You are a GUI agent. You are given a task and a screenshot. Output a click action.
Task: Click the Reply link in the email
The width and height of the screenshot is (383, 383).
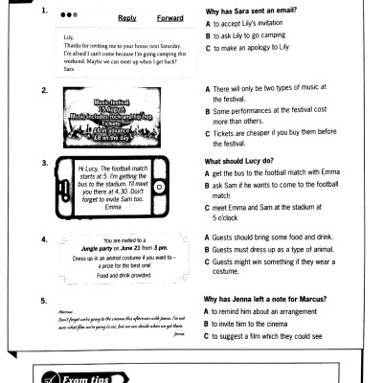pyautogui.click(x=126, y=18)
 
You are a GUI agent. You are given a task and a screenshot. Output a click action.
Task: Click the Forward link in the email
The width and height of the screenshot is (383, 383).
pyautogui.click(x=169, y=18)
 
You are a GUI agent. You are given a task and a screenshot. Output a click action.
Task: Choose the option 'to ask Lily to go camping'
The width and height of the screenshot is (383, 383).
pyautogui.click(x=254, y=34)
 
